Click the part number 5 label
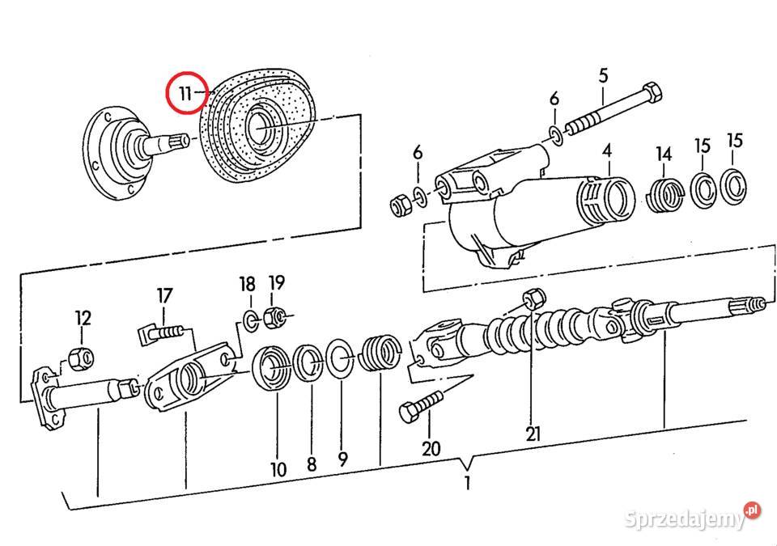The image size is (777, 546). coord(603,77)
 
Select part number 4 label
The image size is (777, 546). coord(606,150)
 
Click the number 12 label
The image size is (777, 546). coord(83,317)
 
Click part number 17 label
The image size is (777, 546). coord(164,295)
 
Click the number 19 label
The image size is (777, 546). coord(276,283)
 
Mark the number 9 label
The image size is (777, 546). coord(342,460)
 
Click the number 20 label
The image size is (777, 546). coord(431,448)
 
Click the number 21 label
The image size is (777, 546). coord(533,434)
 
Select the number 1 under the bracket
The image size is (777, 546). coord(466,485)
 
